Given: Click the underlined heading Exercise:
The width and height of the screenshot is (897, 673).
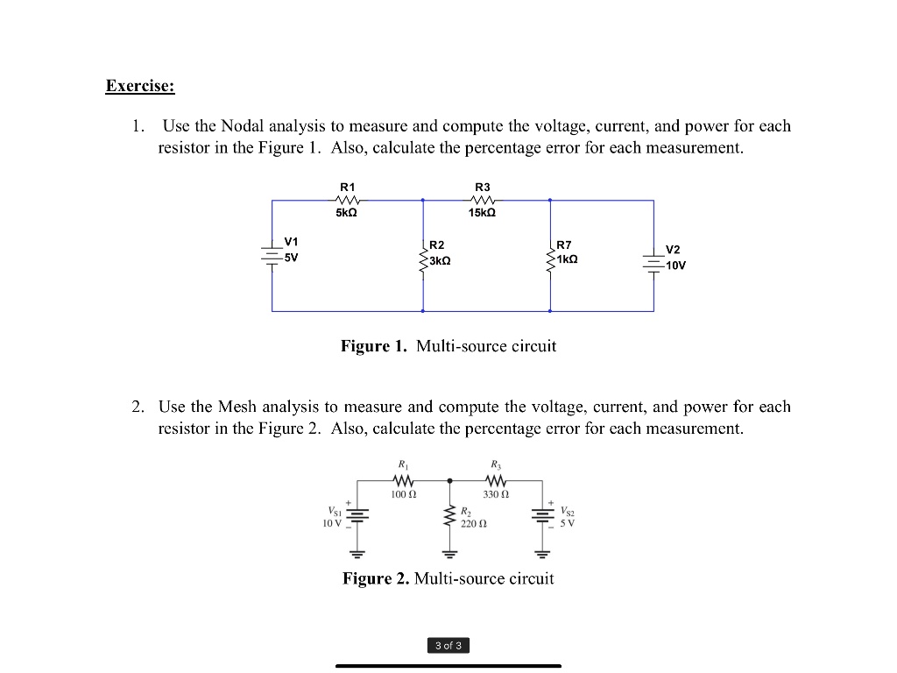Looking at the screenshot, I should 140,86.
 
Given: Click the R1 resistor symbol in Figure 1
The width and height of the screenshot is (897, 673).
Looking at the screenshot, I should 348,201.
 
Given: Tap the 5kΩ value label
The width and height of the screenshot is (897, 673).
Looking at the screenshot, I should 347,214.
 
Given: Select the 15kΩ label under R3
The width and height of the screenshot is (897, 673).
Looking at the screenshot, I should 482,214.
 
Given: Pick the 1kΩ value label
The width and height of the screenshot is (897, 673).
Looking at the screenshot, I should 567,260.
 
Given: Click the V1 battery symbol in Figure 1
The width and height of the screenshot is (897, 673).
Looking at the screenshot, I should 272,253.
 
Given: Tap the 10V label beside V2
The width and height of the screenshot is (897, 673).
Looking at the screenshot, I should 675,266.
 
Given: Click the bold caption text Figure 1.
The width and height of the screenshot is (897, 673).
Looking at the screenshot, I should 374,346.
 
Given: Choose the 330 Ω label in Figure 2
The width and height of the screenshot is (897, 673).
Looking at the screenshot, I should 496,495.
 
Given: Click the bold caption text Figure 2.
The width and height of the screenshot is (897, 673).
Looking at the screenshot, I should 375,578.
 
